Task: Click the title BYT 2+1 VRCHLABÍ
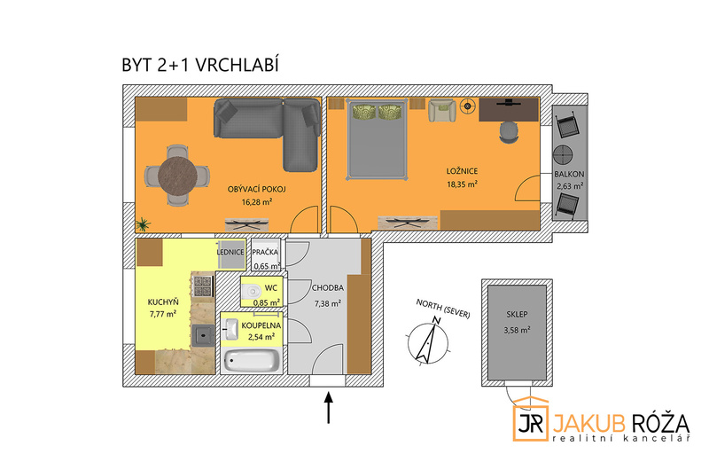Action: click(x=202, y=67)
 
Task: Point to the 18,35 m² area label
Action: click(x=462, y=184)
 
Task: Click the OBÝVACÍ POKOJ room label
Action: click(x=261, y=188)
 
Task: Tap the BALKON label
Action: click(x=569, y=174)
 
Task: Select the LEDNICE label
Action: click(x=230, y=252)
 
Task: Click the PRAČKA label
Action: click(x=266, y=253)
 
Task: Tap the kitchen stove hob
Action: click(x=203, y=286)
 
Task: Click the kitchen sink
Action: click(x=203, y=336)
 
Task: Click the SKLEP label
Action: click(x=515, y=315)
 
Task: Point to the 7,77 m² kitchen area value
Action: click(x=163, y=314)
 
